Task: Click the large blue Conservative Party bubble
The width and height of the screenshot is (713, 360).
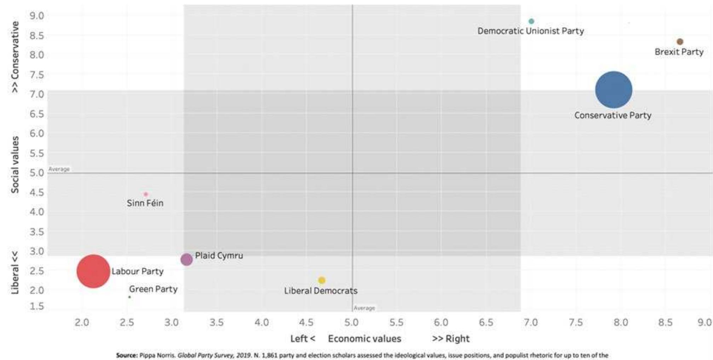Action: point(614,90)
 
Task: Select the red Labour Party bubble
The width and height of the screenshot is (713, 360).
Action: point(93,271)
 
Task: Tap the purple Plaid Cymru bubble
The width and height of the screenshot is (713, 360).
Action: point(186,259)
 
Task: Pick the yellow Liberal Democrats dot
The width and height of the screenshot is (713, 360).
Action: point(322,280)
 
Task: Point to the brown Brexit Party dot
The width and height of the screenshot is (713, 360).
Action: point(680,42)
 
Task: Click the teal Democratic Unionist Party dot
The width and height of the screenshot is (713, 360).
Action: point(531,21)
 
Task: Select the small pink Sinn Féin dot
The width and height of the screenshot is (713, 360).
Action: point(145,194)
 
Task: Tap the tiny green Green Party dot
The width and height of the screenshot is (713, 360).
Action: point(130,297)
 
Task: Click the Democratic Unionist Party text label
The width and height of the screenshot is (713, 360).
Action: point(530,31)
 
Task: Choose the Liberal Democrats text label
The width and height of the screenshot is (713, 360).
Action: point(321,291)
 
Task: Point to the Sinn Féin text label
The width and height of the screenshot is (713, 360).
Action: point(145,203)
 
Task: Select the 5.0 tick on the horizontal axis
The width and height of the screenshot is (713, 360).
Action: point(351,322)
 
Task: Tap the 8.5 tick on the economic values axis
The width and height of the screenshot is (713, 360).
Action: point(665,322)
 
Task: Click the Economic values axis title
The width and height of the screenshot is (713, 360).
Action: point(364,339)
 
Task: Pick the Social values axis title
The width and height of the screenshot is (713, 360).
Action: point(15,165)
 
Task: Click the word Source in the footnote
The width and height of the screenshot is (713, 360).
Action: point(126,355)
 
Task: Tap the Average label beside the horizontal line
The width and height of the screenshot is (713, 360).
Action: point(59,169)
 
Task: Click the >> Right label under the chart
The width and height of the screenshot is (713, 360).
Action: point(450,339)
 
